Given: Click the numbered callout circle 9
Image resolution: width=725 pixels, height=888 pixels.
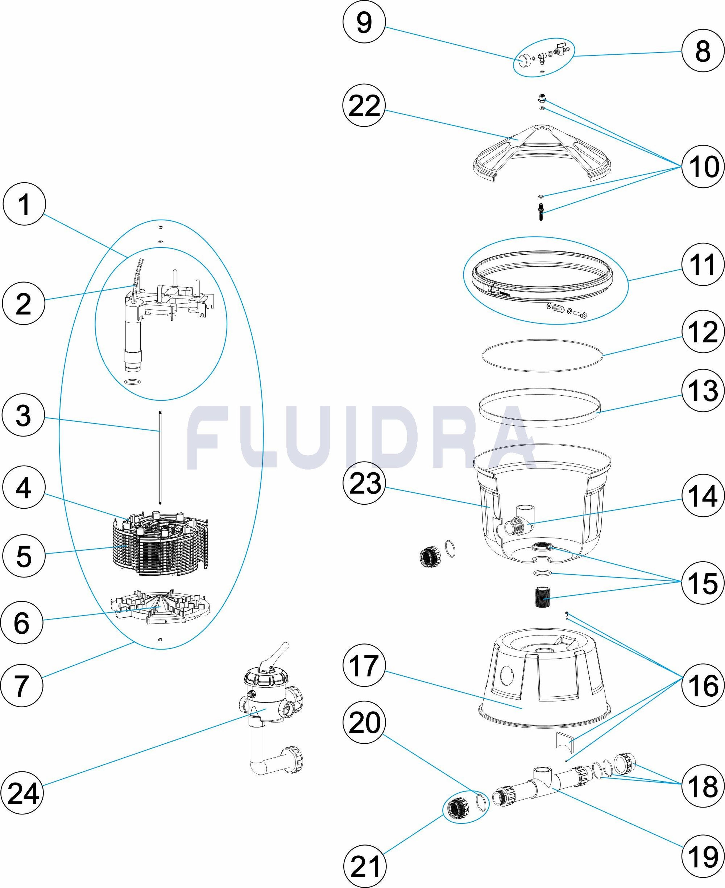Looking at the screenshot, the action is pyautogui.click(x=364, y=22).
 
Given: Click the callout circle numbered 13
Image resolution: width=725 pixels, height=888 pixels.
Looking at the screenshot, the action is pyautogui.click(x=703, y=391).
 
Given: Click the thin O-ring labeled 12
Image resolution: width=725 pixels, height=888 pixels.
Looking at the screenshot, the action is pyautogui.click(x=542, y=355).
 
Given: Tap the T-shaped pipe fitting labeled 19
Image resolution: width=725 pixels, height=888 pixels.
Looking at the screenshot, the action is pyautogui.click(x=541, y=779).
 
